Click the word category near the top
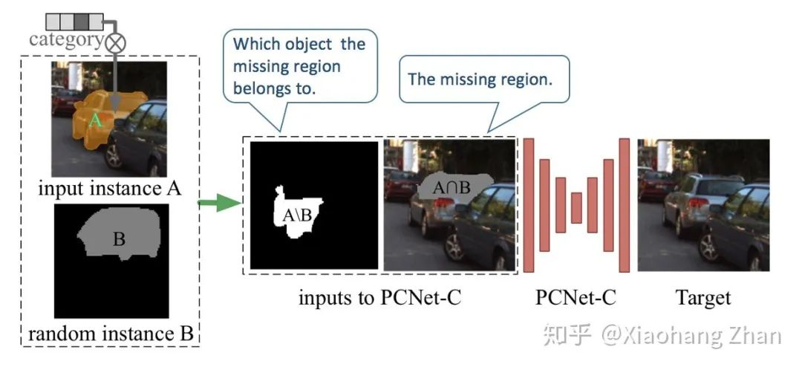tap(65, 39)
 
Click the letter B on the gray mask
tap(118, 239)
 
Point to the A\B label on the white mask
tap(297, 215)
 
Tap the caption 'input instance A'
tap(109, 189)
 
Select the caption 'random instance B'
tap(111, 334)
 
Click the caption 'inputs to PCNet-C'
tap(379, 299)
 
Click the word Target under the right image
tap(702, 299)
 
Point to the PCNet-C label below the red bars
tap(576, 299)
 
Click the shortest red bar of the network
tap(576, 207)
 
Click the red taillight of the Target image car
tap(694, 202)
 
